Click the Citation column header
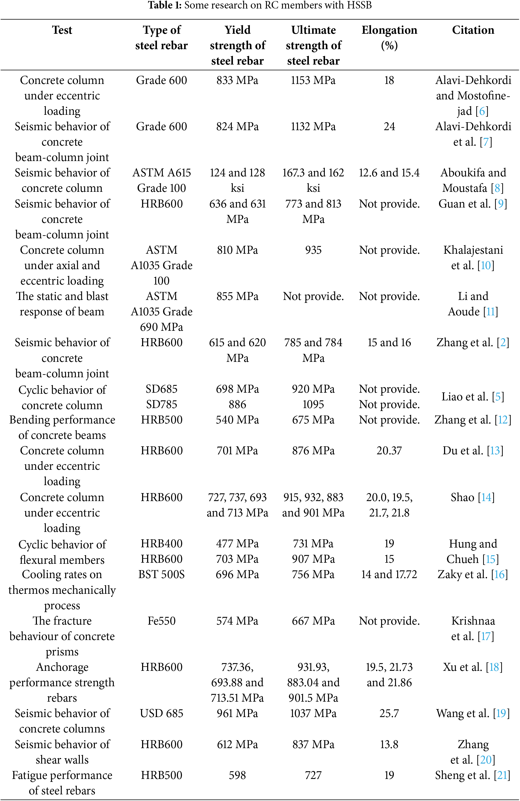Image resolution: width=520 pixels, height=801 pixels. (473, 30)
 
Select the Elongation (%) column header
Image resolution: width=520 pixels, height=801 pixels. (389, 37)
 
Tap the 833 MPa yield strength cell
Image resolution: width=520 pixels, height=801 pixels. (237, 80)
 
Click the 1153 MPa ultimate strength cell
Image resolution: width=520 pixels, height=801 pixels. (313, 80)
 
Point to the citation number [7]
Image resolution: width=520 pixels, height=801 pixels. (486, 142)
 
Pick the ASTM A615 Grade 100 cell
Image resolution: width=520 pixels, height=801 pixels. (161, 180)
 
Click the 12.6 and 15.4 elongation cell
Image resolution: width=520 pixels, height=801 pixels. (389, 173)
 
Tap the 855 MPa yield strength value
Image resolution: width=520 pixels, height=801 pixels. (237, 296)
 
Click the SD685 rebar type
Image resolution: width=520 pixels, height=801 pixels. (161, 389)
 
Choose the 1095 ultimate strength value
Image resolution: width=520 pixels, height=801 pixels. (313, 404)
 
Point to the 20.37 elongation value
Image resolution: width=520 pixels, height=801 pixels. (389, 451)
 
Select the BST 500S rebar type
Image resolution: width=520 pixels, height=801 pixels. (161, 574)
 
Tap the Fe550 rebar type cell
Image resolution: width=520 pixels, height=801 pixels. (161, 621)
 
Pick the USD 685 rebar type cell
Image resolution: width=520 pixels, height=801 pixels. (161, 713)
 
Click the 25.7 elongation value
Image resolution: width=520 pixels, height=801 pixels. (389, 713)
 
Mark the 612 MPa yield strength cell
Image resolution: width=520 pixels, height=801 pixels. (237, 744)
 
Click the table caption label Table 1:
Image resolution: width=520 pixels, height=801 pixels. (165, 5)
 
